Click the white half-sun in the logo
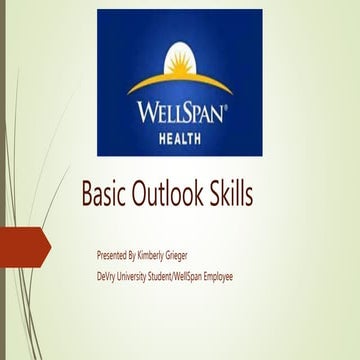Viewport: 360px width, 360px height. click(x=180, y=61)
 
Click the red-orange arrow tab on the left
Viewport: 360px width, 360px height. click(x=24, y=246)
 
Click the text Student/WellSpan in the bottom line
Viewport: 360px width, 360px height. click(x=187, y=276)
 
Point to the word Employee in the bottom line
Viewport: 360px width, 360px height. click(x=243, y=276)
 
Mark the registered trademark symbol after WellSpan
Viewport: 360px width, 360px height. click(x=229, y=99)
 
